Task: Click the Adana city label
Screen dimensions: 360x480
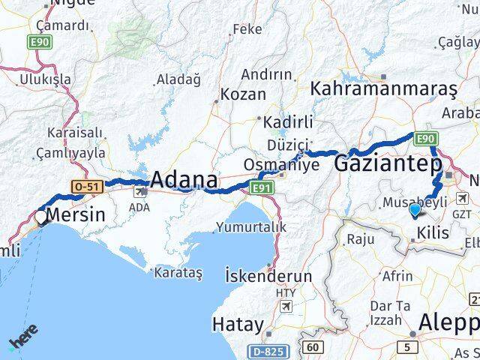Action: pos(184,180)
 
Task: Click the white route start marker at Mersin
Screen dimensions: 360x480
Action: pos(40,217)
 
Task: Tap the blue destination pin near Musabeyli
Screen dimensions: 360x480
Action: pos(415,211)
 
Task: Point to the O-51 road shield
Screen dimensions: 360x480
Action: pos(84,185)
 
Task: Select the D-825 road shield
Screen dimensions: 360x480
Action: pos(267,351)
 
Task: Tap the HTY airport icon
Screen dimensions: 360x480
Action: pos(286,307)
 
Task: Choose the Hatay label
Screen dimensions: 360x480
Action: pos(238,325)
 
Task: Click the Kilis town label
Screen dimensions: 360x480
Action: pos(433,233)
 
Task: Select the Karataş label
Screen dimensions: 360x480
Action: pos(178,274)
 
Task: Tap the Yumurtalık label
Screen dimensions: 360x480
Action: pos(250,226)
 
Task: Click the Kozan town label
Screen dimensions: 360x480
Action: pos(244,94)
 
